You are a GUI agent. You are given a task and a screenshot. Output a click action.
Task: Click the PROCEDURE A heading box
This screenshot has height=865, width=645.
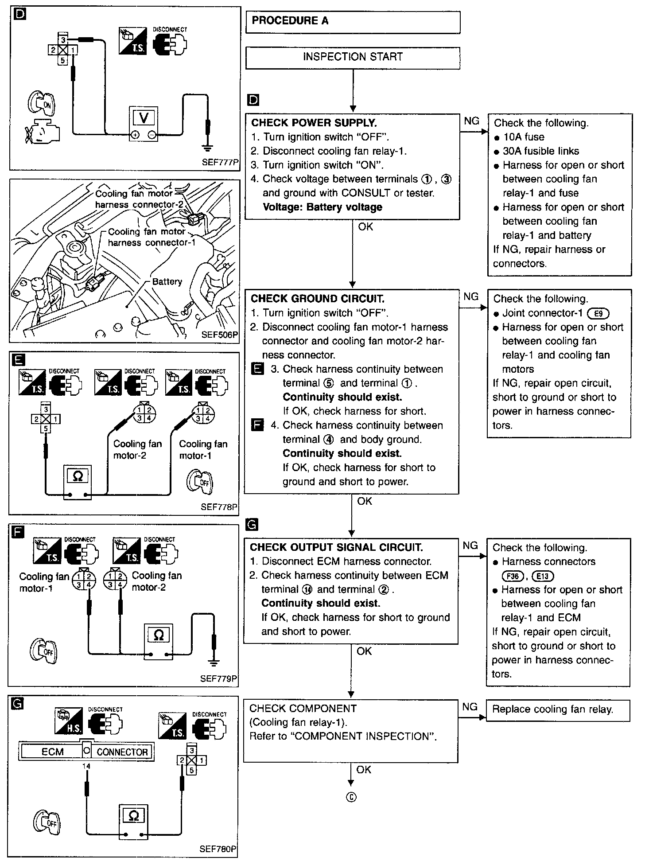click(x=353, y=22)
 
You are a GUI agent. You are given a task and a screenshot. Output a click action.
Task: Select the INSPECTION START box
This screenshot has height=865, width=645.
click(x=353, y=57)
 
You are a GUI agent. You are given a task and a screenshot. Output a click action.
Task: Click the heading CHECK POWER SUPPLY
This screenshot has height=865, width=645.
click(x=314, y=123)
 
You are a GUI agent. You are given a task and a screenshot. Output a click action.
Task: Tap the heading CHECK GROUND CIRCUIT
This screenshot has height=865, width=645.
click(x=317, y=299)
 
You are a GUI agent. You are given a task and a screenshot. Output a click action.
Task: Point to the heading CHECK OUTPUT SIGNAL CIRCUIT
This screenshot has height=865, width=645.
click(x=336, y=547)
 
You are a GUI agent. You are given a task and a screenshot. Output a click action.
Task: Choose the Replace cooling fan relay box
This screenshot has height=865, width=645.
click(x=558, y=709)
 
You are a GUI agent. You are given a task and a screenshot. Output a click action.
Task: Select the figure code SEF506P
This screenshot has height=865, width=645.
click(x=220, y=335)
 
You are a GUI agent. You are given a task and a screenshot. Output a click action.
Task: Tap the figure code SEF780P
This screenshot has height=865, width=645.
click(x=218, y=849)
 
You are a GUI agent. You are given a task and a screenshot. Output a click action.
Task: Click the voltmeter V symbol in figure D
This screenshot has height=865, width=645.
click(x=144, y=118)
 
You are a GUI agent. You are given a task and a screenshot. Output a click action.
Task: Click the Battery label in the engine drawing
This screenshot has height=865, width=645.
click(x=167, y=282)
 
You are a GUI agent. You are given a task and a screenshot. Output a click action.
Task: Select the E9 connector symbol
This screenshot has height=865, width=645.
click(x=598, y=314)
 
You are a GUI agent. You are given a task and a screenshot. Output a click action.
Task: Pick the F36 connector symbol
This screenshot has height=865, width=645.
click(x=512, y=576)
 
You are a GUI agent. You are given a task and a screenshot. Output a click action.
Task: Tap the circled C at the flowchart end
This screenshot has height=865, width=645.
click(x=351, y=798)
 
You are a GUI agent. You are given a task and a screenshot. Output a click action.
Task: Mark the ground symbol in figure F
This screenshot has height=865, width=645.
click(x=214, y=663)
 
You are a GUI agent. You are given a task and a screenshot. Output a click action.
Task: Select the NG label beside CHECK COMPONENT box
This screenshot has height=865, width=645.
click(x=470, y=707)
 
